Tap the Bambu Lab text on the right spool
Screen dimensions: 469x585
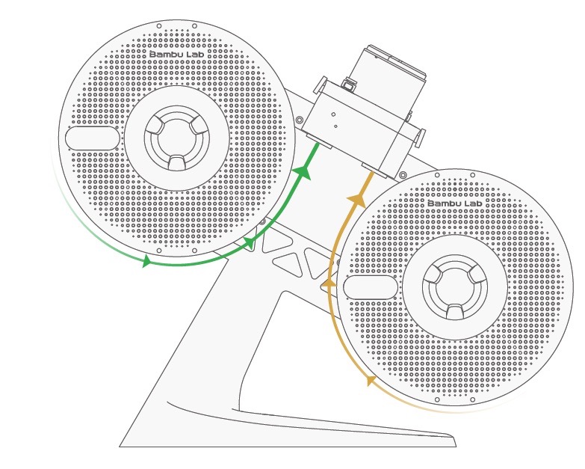pos(453,203)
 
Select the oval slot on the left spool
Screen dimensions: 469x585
pos(92,138)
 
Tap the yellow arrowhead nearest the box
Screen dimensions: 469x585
pos(357,199)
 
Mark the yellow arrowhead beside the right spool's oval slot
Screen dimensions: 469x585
pos(328,283)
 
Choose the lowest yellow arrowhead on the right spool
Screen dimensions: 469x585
pos(370,381)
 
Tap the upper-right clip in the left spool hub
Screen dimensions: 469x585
pos(196,126)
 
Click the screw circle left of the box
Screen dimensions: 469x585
pos(300,120)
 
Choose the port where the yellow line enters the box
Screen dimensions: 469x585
pos(372,170)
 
